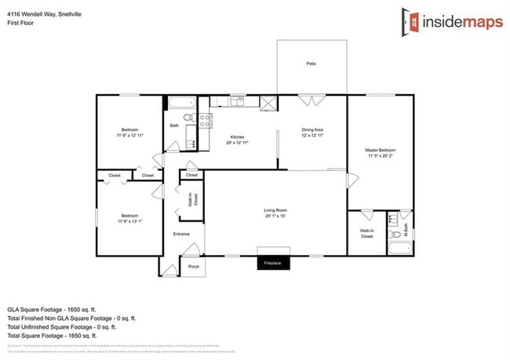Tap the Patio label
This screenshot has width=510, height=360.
(x=311, y=64)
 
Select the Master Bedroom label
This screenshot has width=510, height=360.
(x=380, y=152)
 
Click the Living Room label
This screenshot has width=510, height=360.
(x=275, y=213)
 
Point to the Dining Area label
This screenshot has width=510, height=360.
(x=313, y=133)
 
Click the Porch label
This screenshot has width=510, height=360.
(x=193, y=267)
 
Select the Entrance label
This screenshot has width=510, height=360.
(x=181, y=234)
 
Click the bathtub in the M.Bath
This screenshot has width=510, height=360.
(x=399, y=249)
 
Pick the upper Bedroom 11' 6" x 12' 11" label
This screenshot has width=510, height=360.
(x=129, y=132)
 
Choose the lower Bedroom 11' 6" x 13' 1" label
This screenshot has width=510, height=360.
(x=129, y=218)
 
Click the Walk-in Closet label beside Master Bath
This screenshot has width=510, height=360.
(x=366, y=233)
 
